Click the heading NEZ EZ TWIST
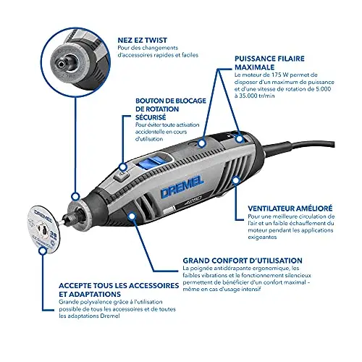point(142,40)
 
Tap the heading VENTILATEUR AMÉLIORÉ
point(290,208)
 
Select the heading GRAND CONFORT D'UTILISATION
point(243,261)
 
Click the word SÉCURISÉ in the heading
point(151,117)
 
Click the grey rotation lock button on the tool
point(121,177)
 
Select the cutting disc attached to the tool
point(43,230)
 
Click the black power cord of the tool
point(298,146)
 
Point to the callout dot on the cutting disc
point(43,251)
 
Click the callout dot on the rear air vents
point(236,180)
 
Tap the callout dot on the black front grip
point(131,216)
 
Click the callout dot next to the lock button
point(123,167)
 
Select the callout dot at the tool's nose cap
point(76,197)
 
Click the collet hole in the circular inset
point(62,64)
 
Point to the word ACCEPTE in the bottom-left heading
point(74,286)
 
